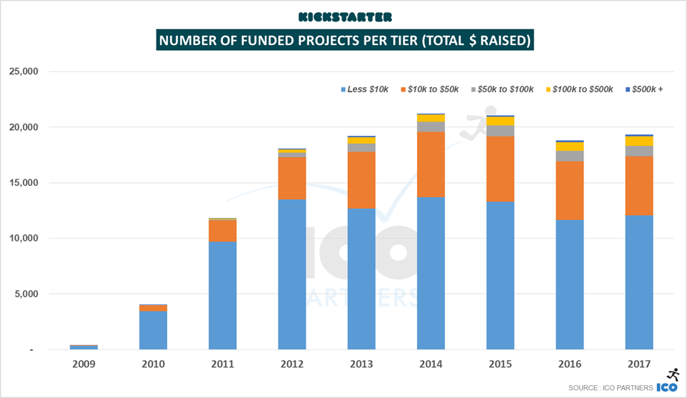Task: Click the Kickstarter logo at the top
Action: (x=346, y=16)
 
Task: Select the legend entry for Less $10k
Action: (x=366, y=89)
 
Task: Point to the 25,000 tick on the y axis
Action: (x=24, y=71)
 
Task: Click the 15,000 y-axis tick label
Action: (x=24, y=183)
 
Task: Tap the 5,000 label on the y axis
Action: (x=27, y=294)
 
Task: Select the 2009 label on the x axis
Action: (x=84, y=364)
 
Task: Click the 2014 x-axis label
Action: (x=431, y=364)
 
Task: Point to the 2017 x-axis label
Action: (x=640, y=364)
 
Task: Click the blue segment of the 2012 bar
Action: (x=292, y=275)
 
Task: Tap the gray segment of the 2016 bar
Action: (x=570, y=156)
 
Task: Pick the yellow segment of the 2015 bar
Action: (x=501, y=121)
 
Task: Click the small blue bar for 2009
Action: (x=84, y=347)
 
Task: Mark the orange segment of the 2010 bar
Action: (x=153, y=308)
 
